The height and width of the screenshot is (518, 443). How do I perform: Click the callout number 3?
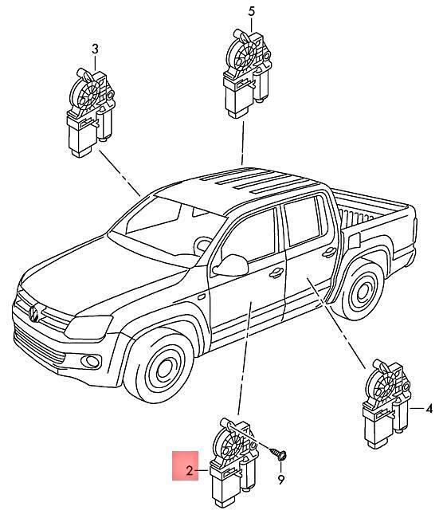tap(95, 49)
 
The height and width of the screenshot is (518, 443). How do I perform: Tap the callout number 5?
tap(252, 12)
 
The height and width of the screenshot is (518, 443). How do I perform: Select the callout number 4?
tap(429, 409)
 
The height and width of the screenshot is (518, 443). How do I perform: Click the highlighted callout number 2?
tap(189, 470)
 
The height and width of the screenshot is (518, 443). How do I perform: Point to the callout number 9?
tap(280, 480)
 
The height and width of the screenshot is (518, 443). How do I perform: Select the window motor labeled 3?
tap(90, 112)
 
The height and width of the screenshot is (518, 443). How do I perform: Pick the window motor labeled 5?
tap(246, 73)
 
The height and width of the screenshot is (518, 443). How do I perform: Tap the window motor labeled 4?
tap(386, 404)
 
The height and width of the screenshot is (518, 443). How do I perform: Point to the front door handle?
tap(276, 273)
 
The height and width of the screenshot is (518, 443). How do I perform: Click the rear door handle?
tap(329, 253)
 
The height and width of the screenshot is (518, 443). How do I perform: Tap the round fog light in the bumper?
tap(90, 361)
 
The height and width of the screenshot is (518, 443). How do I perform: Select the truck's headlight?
tap(88, 327)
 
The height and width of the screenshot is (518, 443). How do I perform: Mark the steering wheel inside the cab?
tap(202, 245)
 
